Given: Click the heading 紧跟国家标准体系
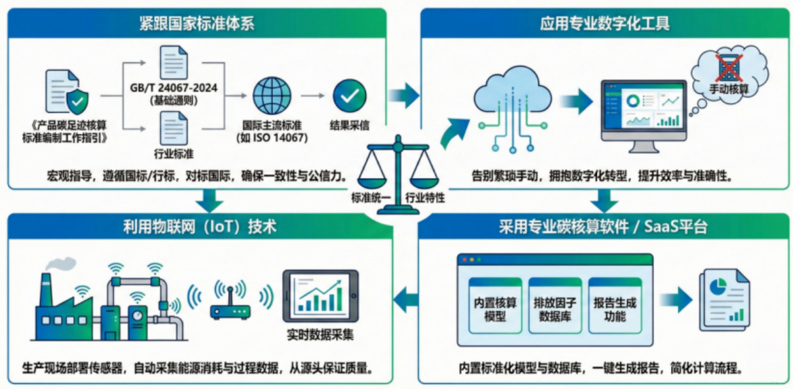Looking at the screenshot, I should point(197,24).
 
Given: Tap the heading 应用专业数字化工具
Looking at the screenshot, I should point(604,24).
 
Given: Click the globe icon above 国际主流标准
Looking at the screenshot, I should point(271,97).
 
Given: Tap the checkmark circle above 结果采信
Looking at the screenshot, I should point(350,97).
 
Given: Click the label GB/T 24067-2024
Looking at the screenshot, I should point(173,88).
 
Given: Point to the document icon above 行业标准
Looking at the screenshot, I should point(173,129).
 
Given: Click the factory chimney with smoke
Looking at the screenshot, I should point(46,288).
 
